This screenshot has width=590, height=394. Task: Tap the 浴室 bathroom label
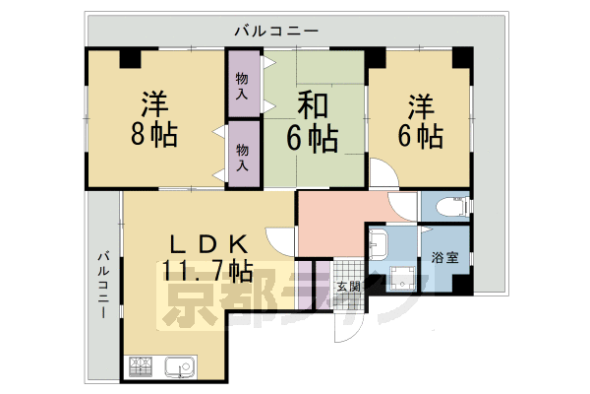coord(444,259)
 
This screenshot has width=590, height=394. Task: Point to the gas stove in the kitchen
coord(140,369)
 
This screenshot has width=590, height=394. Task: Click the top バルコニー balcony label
coord(276,32)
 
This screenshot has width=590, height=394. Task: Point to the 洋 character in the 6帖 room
coord(420,104)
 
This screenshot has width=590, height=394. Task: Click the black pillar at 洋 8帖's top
coord(130,57)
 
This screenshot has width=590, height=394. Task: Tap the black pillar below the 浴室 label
coord(458,286)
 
